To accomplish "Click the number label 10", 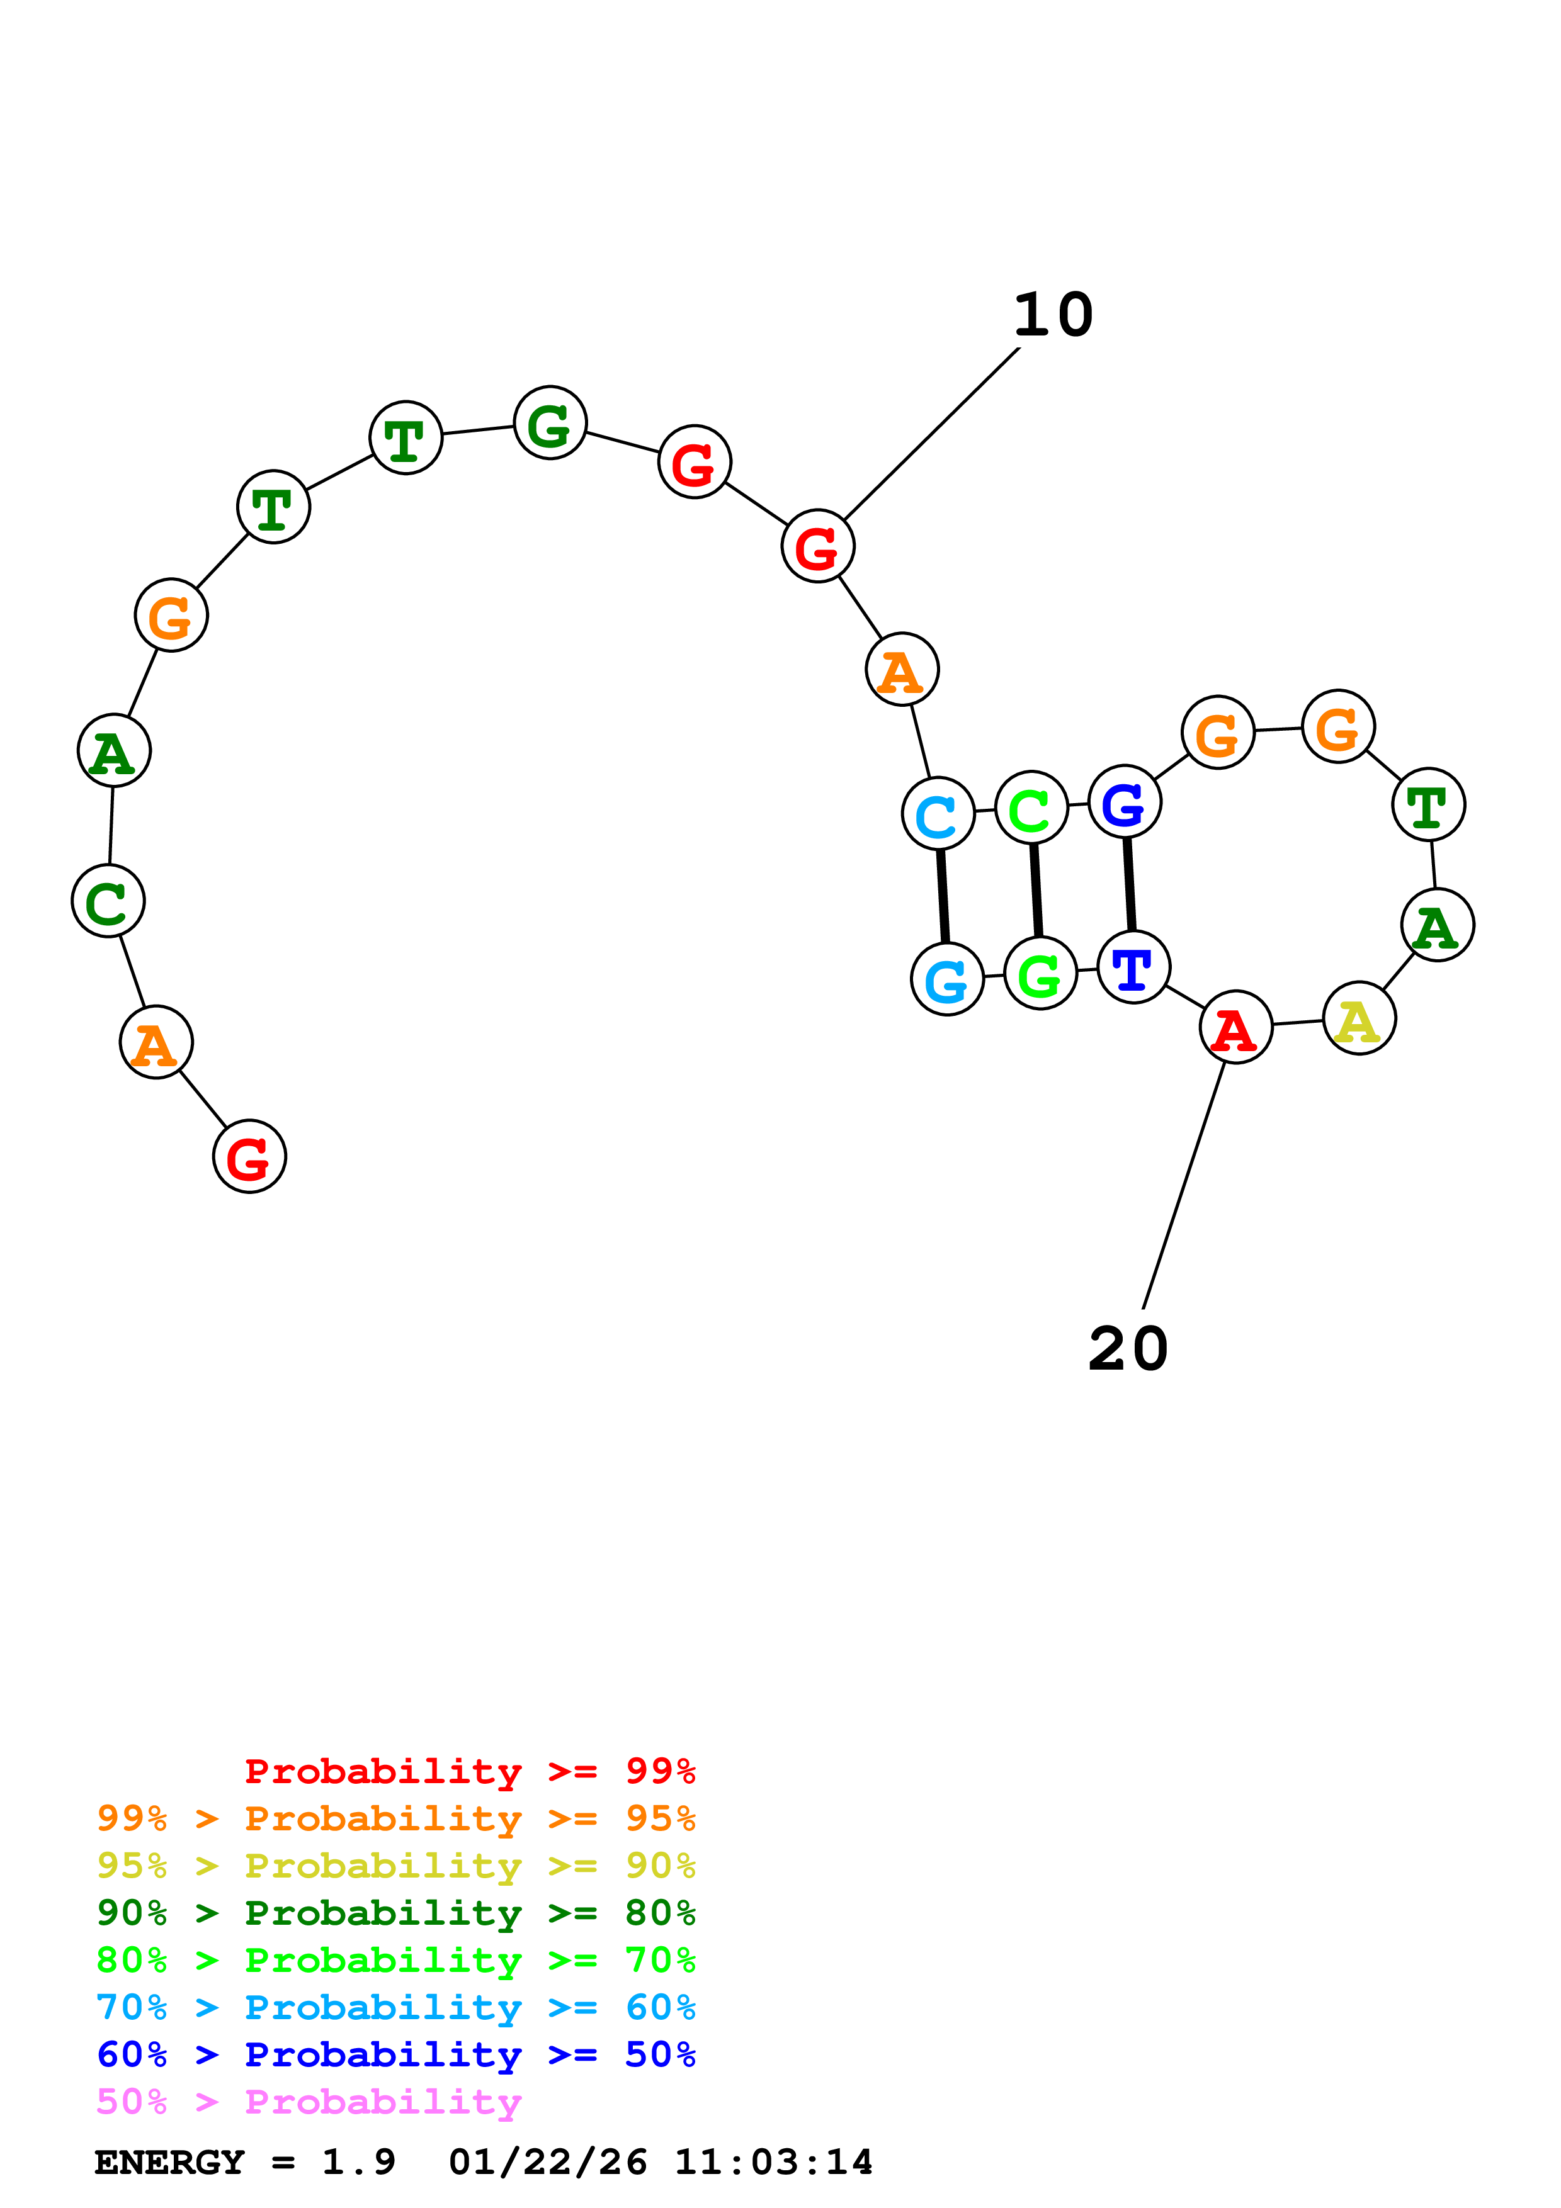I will pyautogui.click(x=1053, y=315).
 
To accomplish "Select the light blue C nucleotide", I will pyautogui.click(x=938, y=814).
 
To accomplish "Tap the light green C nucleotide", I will pyautogui.click(x=1031, y=808).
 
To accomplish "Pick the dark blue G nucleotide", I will pyautogui.click(x=1125, y=802).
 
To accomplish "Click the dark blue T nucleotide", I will pyautogui.click(x=1133, y=967).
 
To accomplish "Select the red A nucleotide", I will pyautogui.click(x=1236, y=1027).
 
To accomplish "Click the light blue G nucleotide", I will pyautogui.click(x=948, y=979).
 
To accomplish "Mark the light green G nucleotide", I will pyautogui.click(x=1040, y=973).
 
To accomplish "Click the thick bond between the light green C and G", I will pyautogui.click(x=1036, y=891).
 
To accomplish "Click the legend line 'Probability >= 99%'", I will pyautogui.click(x=469, y=1771).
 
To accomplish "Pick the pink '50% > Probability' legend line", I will pyautogui.click(x=308, y=2102).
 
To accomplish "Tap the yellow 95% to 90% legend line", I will pyautogui.click(x=395, y=1866).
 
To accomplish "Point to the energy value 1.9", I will pyautogui.click(x=358, y=2163).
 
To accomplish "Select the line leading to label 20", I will pyautogui.click(x=1184, y=1185).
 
